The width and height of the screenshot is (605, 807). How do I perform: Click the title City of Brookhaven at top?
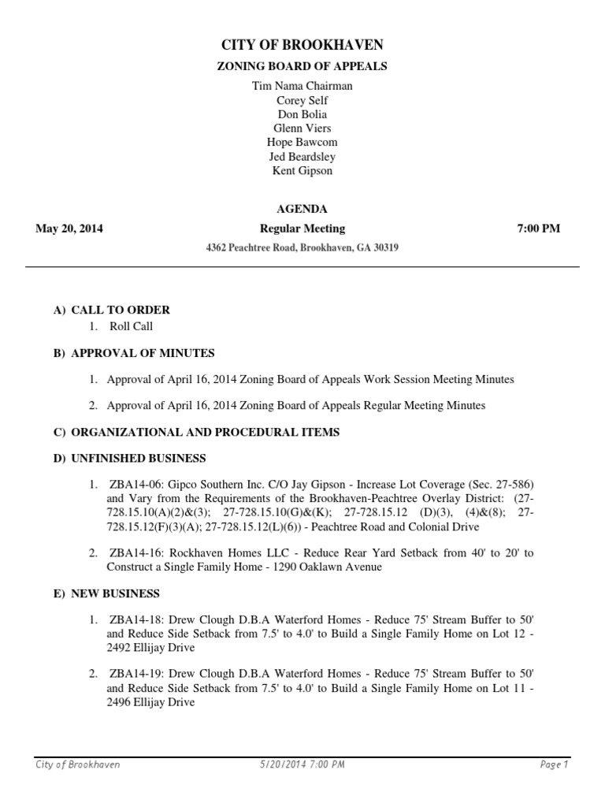tap(302, 46)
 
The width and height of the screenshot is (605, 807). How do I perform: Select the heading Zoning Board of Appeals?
tap(302, 67)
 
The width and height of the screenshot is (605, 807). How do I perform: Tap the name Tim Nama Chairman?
tap(302, 86)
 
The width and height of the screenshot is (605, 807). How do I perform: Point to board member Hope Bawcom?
tap(302, 143)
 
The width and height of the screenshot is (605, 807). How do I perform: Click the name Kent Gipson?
tap(302, 171)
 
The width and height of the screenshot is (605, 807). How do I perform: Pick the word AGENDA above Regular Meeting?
tap(302, 209)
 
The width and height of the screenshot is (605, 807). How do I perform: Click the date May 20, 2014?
tap(69, 229)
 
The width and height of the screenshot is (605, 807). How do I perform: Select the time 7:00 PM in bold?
tap(538, 229)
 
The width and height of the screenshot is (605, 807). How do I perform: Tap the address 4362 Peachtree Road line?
tap(302, 247)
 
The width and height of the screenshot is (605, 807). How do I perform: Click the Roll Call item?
tap(131, 326)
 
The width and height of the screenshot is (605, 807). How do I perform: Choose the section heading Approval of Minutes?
tap(143, 353)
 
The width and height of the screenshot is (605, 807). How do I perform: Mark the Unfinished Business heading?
tap(138, 458)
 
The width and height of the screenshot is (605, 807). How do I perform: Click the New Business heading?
tap(115, 593)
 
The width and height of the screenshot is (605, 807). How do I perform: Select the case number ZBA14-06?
tap(134, 485)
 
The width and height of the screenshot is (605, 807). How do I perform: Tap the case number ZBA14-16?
tap(134, 553)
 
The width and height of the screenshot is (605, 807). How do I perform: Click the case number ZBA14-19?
tap(134, 674)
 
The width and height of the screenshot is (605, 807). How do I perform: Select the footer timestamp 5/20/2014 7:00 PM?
tap(302, 765)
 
